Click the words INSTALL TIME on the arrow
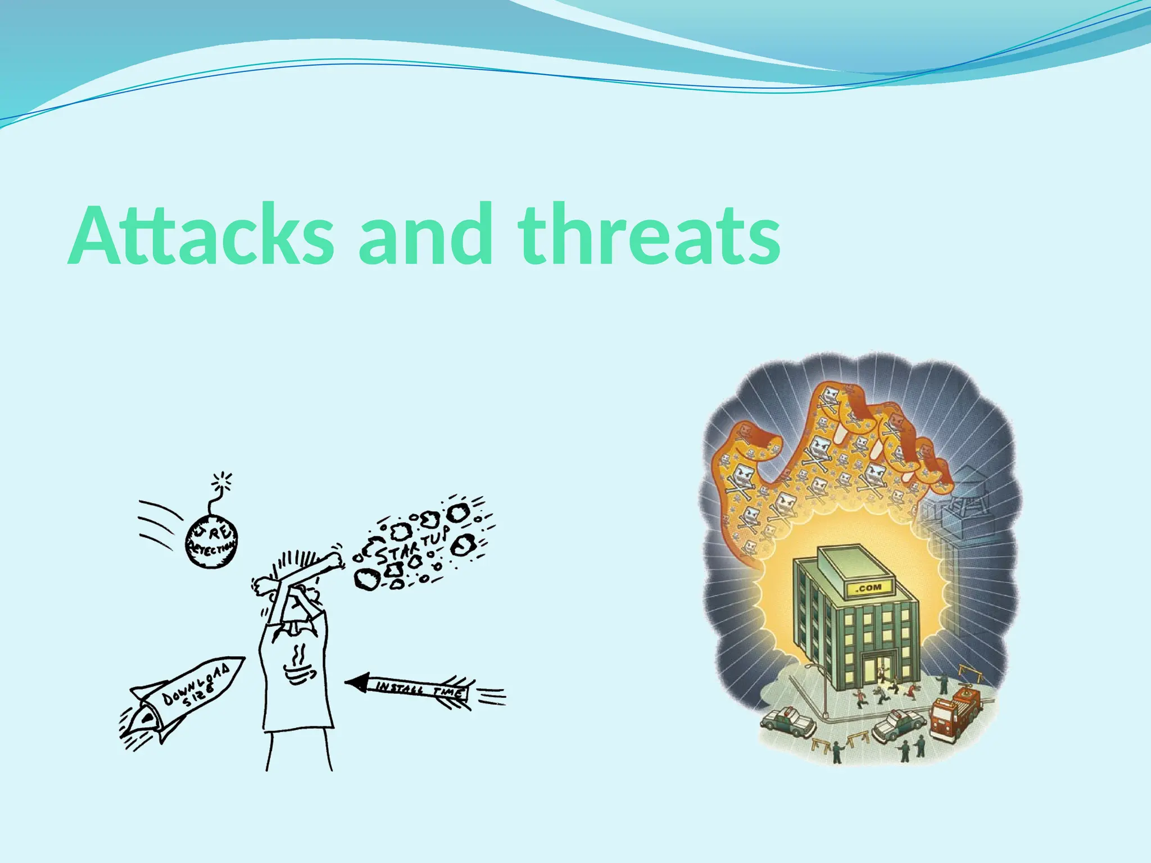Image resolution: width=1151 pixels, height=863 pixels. (x=419, y=689)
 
